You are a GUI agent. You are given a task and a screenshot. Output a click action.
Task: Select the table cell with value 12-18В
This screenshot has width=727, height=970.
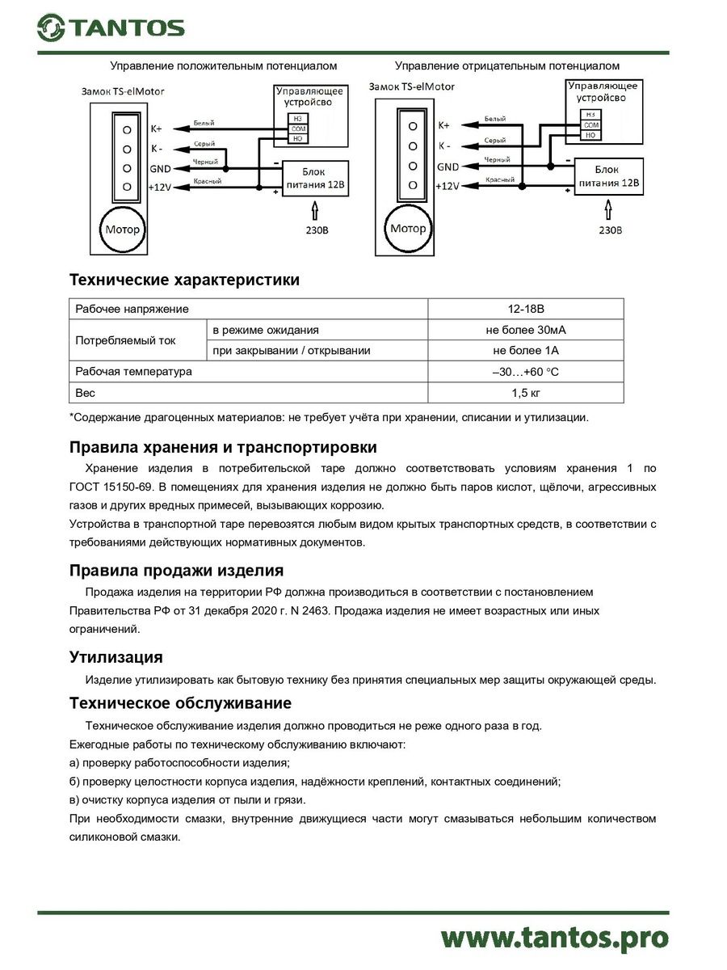[525, 309]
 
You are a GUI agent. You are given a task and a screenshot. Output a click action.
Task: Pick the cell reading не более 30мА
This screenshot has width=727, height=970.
[525, 330]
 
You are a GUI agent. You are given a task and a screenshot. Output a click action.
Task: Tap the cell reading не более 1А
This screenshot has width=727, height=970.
[525, 351]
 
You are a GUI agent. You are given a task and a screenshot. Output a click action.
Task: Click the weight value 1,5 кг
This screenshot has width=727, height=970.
[525, 393]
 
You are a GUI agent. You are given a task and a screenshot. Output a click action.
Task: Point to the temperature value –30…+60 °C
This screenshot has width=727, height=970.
[525, 372]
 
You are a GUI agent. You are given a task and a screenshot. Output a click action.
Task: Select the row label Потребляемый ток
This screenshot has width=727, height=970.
[125, 340]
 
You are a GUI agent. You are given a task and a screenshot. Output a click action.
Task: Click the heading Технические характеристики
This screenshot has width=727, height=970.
[184, 280]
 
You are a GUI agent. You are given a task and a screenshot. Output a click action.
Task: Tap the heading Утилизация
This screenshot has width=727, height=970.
[116, 656]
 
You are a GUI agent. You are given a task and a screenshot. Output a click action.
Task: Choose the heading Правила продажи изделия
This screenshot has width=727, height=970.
[176, 571]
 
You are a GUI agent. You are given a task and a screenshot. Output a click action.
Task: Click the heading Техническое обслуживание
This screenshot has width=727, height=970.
[180, 702]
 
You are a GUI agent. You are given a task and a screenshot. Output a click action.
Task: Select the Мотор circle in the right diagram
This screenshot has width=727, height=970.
[407, 229]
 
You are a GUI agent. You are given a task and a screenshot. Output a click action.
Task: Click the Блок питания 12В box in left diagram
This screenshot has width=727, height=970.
[314, 179]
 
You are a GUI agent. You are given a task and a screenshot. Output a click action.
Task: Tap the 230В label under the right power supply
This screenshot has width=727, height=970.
[611, 230]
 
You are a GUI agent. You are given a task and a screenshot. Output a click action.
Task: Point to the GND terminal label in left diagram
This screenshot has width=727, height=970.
[160, 168]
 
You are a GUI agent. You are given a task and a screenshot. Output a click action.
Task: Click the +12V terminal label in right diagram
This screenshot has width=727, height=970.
[447, 186]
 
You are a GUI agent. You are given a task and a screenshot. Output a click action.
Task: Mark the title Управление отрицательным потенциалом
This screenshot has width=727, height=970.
[506, 65]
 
